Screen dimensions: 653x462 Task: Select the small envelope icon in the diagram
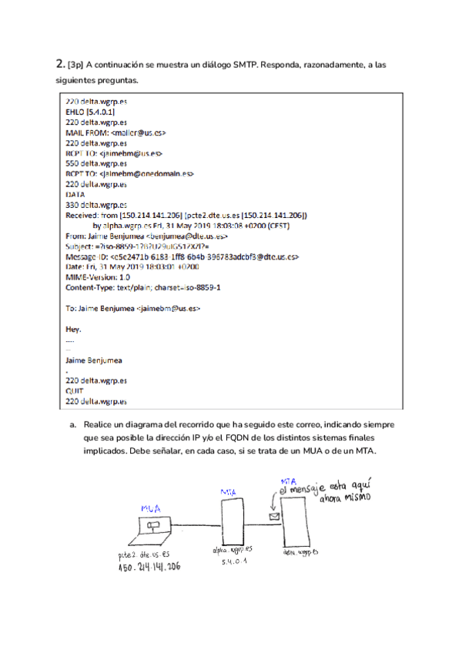[x=272, y=517]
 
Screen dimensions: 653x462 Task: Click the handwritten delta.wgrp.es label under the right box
[x=302, y=552]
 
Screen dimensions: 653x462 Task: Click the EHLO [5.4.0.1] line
[x=91, y=112]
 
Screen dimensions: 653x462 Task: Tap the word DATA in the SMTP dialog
[x=75, y=195]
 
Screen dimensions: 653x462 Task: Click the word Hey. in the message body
[x=74, y=329]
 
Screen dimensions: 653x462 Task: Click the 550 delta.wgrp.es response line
[x=96, y=163]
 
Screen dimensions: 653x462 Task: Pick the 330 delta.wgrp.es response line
[x=96, y=205]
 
